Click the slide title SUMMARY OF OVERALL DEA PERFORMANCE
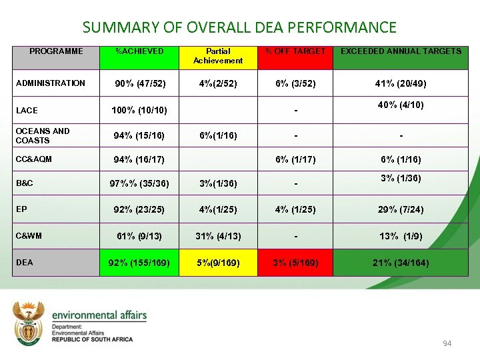239,27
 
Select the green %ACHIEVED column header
139,51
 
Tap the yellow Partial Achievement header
218,56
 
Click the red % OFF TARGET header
295,51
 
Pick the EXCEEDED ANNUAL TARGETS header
401,51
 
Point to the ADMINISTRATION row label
51,83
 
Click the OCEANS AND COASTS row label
43,136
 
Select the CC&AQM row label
34,159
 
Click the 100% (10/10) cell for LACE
140,110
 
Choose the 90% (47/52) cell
140,84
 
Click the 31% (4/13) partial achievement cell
219,236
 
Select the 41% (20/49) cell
401,84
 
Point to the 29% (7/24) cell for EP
401,210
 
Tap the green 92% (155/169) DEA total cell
140,263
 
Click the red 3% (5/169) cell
295,263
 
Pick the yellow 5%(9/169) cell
219,263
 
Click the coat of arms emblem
28,324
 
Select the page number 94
447,343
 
